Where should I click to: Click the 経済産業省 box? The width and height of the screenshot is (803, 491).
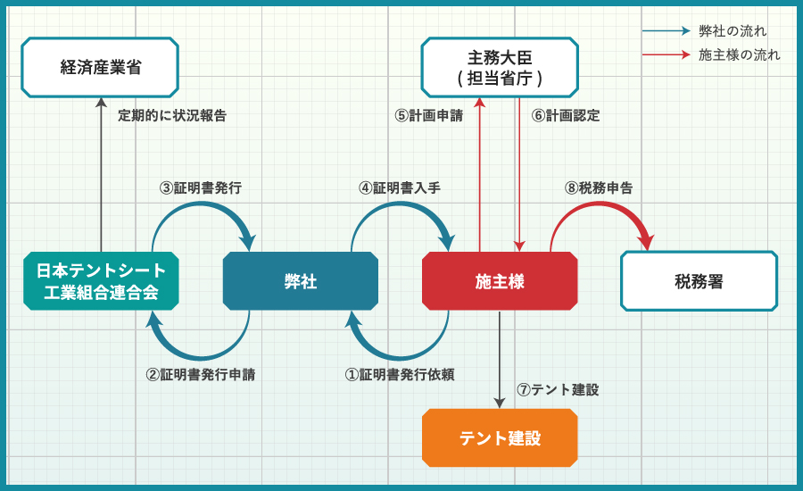click(x=100, y=67)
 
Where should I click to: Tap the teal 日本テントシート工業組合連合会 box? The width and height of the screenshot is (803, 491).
click(x=101, y=281)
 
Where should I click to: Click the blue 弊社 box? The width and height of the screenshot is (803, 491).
click(x=301, y=281)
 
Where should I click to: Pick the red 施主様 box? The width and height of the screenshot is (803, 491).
click(x=500, y=281)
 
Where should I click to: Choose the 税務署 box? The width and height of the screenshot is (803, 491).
click(x=699, y=281)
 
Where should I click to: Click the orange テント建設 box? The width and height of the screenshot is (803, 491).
click(x=500, y=437)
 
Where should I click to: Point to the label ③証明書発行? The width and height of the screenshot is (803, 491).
click(x=201, y=188)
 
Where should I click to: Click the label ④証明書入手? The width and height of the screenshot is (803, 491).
click(x=400, y=188)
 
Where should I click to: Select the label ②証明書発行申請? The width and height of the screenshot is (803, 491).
click(x=201, y=375)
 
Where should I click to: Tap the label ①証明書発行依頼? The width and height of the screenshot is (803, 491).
click(x=400, y=375)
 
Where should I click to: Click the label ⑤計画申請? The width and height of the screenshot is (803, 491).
click(x=429, y=116)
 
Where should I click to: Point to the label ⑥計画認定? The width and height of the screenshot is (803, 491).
click(x=566, y=116)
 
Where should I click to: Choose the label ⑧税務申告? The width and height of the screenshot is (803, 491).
click(x=599, y=188)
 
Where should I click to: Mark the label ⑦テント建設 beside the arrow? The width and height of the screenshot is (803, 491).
click(x=558, y=390)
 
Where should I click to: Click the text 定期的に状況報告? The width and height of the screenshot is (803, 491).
click(x=172, y=116)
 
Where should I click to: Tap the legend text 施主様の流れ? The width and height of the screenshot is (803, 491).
click(x=740, y=55)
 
